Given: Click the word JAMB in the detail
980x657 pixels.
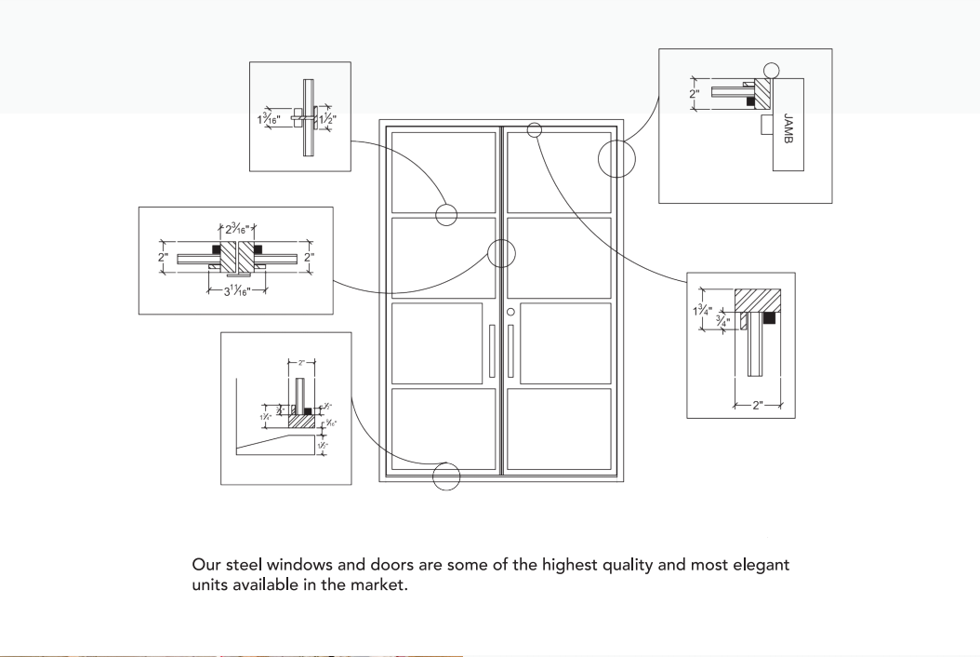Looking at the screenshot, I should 788,129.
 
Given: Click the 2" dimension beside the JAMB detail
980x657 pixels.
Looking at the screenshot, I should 694,94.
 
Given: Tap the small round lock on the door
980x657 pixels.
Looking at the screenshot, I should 510,312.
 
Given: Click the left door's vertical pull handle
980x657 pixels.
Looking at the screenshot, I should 492,351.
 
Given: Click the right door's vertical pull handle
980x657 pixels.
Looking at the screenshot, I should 510,351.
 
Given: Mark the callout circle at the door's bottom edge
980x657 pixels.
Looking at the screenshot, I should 447,476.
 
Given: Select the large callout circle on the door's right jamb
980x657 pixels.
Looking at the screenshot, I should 616,158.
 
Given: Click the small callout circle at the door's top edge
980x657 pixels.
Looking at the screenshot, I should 534,129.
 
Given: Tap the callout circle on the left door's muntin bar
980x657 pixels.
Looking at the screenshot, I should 447,215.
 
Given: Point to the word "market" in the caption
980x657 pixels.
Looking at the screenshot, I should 379,586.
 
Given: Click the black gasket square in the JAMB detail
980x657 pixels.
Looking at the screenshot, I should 750,101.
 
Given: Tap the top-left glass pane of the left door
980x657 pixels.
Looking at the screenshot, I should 443,172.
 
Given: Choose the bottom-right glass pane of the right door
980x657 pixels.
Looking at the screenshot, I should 559,429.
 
